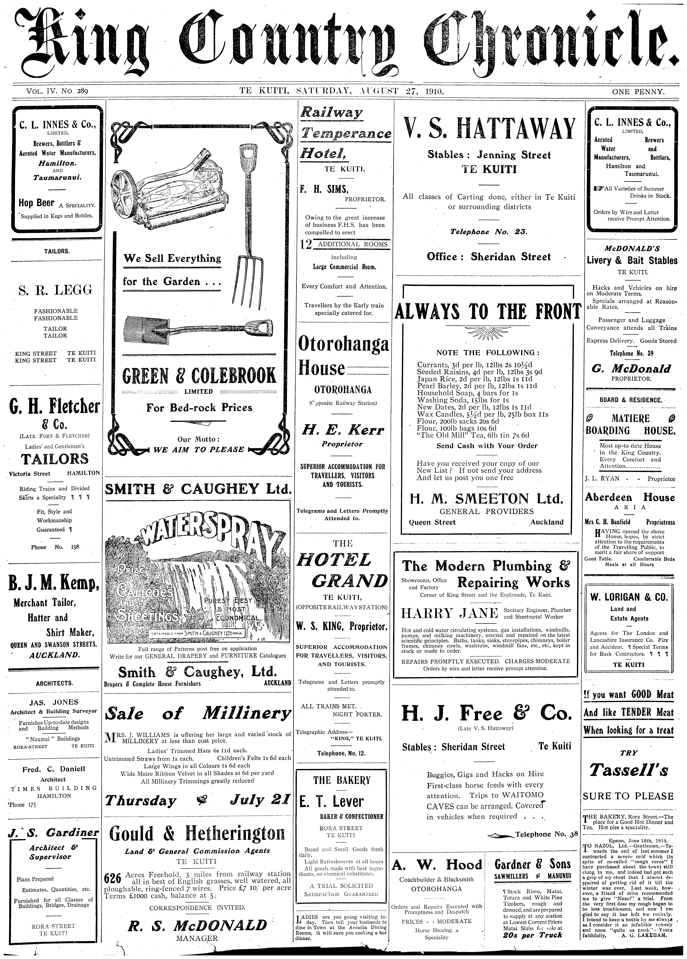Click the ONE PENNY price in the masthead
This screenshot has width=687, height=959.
638,91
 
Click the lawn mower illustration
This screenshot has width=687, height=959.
169,186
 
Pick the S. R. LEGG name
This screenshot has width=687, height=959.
55,290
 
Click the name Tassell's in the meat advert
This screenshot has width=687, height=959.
629,770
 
